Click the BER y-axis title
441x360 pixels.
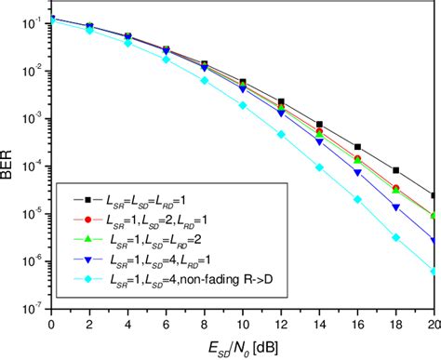(12, 167)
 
